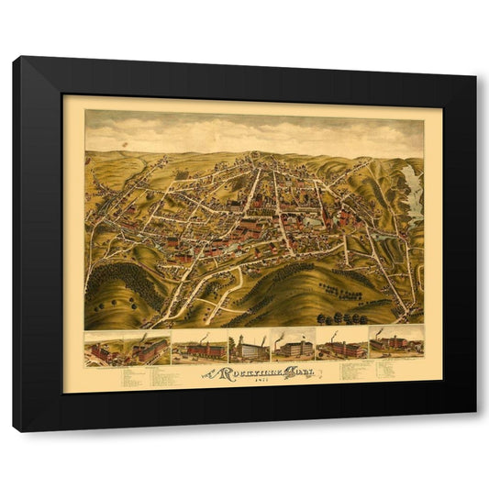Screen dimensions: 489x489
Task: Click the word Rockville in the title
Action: (241, 372)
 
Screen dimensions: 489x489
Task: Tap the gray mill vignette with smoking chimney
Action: (293, 346)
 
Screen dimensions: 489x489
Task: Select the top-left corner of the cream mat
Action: (63, 94)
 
